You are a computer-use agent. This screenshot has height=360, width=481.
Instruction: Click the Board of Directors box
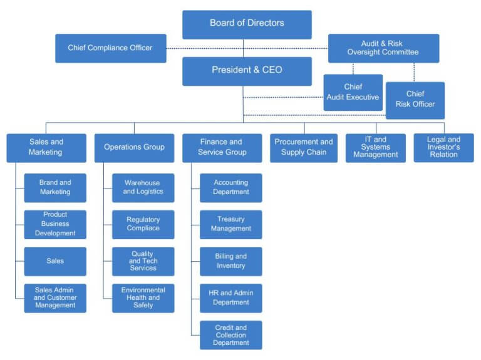click(x=247, y=24)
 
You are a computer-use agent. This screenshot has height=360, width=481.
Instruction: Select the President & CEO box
click(x=247, y=71)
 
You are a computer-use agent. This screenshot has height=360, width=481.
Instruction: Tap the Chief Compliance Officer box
click(x=110, y=48)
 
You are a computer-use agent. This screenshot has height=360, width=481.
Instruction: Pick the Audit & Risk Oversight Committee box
click(x=383, y=48)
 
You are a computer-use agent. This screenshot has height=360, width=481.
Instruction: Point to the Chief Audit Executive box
click(x=353, y=93)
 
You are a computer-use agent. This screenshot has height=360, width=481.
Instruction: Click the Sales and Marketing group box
click(x=46, y=148)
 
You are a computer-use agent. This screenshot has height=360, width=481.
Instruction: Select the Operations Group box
click(x=134, y=148)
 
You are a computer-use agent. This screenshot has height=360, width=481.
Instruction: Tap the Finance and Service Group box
click(x=222, y=148)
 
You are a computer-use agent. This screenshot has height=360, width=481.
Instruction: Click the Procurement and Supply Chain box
click(x=303, y=148)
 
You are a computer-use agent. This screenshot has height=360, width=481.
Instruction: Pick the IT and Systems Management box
click(x=375, y=148)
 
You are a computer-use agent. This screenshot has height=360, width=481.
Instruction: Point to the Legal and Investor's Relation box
click(x=443, y=148)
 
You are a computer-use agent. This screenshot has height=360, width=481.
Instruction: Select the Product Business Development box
click(x=55, y=224)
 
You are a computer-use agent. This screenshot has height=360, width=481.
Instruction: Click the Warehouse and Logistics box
click(x=143, y=188)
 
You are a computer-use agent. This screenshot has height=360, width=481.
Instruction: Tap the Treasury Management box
click(x=230, y=224)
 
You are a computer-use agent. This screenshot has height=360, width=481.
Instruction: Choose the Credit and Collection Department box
click(x=230, y=335)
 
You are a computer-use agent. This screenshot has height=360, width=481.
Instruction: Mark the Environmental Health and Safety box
click(x=143, y=298)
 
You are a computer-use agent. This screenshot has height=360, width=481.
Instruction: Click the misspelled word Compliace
click(x=143, y=229)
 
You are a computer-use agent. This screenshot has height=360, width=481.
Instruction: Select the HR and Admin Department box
click(x=230, y=298)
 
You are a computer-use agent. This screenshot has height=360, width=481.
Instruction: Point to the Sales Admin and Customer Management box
click(x=55, y=298)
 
